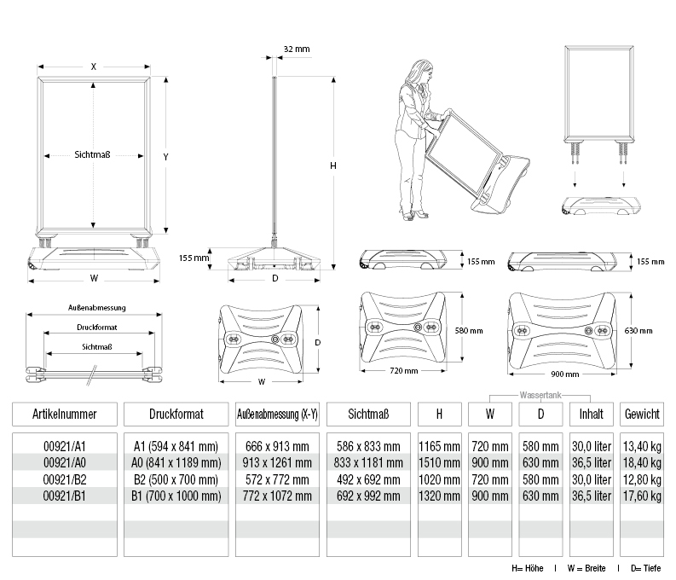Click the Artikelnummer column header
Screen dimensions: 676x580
click(x=64, y=414)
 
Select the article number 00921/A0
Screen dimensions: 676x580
click(x=65, y=462)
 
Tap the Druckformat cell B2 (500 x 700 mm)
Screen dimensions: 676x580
click(x=176, y=479)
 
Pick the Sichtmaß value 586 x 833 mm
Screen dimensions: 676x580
click(x=368, y=446)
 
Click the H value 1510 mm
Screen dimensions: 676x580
click(x=439, y=462)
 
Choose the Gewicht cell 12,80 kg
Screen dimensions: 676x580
click(x=642, y=479)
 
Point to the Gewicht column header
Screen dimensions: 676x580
click(x=642, y=414)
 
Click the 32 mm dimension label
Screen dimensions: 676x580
click(x=297, y=49)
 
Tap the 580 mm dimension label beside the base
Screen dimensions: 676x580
click(x=469, y=331)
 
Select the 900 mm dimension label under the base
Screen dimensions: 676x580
click(x=565, y=374)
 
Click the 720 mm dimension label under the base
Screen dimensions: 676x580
click(x=404, y=370)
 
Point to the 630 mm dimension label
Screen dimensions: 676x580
click(x=638, y=331)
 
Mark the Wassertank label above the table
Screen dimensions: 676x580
click(x=540, y=395)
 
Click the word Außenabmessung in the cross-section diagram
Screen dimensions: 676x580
click(x=97, y=307)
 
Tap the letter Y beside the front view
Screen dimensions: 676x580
click(x=165, y=157)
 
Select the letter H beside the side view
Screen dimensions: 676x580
click(x=332, y=165)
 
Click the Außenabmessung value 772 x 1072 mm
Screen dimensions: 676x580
click(x=277, y=496)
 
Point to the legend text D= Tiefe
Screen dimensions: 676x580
click(x=646, y=568)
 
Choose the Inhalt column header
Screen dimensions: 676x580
click(x=591, y=414)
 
